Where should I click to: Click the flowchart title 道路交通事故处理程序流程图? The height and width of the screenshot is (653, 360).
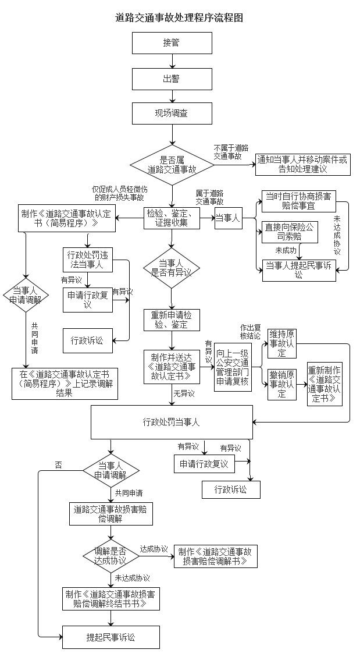(x=179, y=17)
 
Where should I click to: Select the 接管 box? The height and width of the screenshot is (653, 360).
(x=172, y=43)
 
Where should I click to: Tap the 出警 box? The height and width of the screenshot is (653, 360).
(x=172, y=79)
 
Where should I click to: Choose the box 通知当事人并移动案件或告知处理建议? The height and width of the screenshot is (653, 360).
(x=303, y=164)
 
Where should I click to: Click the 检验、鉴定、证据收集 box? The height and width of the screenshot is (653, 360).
(x=172, y=218)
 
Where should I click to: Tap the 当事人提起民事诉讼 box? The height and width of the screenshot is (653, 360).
(x=298, y=270)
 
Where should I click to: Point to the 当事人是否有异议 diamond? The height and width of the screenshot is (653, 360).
(x=172, y=267)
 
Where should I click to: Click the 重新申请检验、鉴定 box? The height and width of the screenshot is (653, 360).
(x=172, y=320)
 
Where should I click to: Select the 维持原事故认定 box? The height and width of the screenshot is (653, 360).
(x=282, y=344)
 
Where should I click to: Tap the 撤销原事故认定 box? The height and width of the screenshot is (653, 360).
(x=282, y=384)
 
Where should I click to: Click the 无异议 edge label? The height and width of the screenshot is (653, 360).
(x=184, y=394)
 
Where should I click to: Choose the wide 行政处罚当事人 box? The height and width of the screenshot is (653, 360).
(x=172, y=422)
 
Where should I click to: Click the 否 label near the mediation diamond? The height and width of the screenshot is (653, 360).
(x=58, y=464)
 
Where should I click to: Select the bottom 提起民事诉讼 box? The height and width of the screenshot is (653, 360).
(x=111, y=637)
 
